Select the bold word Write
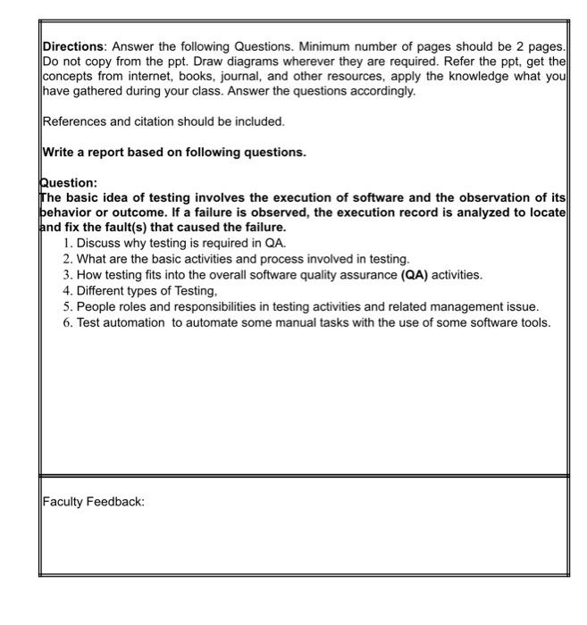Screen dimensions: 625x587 [60, 152]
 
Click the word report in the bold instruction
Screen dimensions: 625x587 [115, 152]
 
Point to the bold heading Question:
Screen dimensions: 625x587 [69, 184]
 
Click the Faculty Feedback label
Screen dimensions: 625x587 [93, 502]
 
